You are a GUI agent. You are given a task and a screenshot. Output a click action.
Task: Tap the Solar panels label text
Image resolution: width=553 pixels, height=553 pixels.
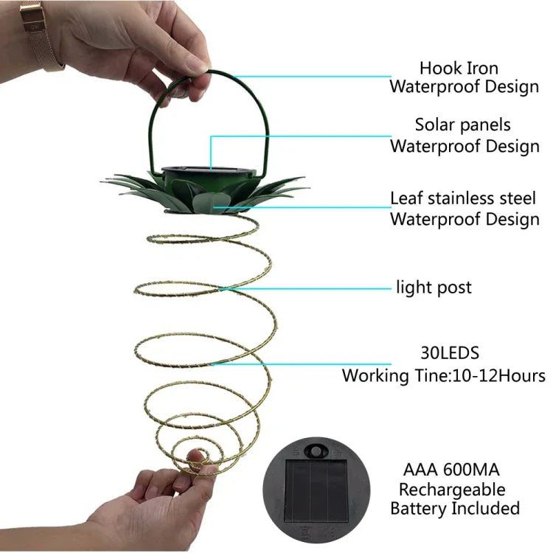click(x=462, y=125)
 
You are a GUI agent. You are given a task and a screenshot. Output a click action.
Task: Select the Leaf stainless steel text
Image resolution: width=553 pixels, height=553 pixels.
click(x=465, y=198)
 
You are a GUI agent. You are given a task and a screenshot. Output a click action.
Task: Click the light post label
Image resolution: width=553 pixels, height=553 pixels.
click(x=434, y=287)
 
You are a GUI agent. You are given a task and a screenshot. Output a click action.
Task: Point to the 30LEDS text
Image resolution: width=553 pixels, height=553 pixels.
click(x=444, y=353)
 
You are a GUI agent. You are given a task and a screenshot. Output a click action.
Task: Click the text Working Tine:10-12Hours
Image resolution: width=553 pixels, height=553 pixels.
click(x=443, y=375)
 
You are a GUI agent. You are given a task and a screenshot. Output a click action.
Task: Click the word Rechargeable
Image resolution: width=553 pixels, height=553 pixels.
click(x=452, y=489)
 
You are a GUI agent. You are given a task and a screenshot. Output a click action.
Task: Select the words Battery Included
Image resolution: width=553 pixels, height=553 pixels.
click(x=454, y=508)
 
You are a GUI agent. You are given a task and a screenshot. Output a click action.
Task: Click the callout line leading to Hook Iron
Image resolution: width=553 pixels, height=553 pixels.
click(x=310, y=75)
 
